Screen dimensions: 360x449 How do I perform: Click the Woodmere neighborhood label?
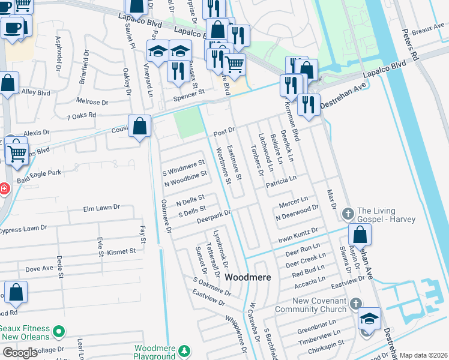(248, 278)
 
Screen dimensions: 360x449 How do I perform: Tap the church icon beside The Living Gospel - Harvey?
(348, 214)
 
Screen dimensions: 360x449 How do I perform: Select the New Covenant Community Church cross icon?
(356, 304)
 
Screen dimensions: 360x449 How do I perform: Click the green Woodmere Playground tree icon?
(185, 350)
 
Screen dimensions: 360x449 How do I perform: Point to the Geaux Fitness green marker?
(59, 331)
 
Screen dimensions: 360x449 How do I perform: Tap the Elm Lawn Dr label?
(102, 208)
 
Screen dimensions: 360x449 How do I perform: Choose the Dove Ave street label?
(40, 269)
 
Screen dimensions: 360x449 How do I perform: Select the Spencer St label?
(188, 92)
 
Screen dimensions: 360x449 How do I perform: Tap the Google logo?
(20, 353)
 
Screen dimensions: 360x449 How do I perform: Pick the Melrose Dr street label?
(92, 102)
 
